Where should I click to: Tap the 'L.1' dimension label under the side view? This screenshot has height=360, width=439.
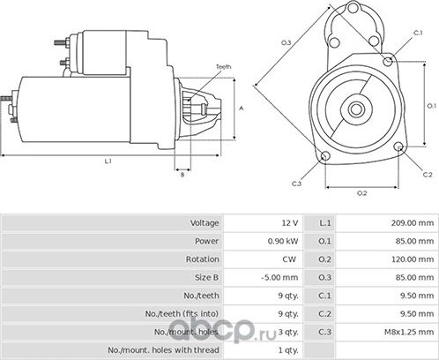(x=107, y=161)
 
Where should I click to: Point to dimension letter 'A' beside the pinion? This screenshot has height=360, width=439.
(x=242, y=107)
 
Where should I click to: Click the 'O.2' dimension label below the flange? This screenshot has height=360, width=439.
(x=361, y=191)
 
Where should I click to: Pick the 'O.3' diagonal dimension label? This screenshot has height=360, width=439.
(x=286, y=41)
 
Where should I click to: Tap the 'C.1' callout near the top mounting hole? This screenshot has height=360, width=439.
(x=417, y=33)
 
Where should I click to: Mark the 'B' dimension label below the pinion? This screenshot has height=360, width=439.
(x=182, y=175)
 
